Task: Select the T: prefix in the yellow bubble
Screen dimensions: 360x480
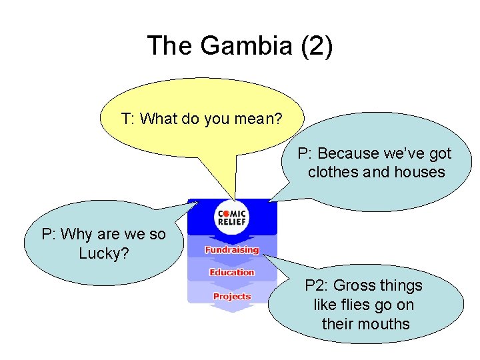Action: (x=129, y=119)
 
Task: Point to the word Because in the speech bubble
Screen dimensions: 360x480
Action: (x=345, y=154)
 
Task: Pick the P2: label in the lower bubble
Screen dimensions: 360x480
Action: (x=317, y=286)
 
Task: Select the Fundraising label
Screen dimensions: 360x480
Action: (x=231, y=250)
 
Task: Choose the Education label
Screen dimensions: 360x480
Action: (x=231, y=272)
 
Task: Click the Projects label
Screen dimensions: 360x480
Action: (x=231, y=296)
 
